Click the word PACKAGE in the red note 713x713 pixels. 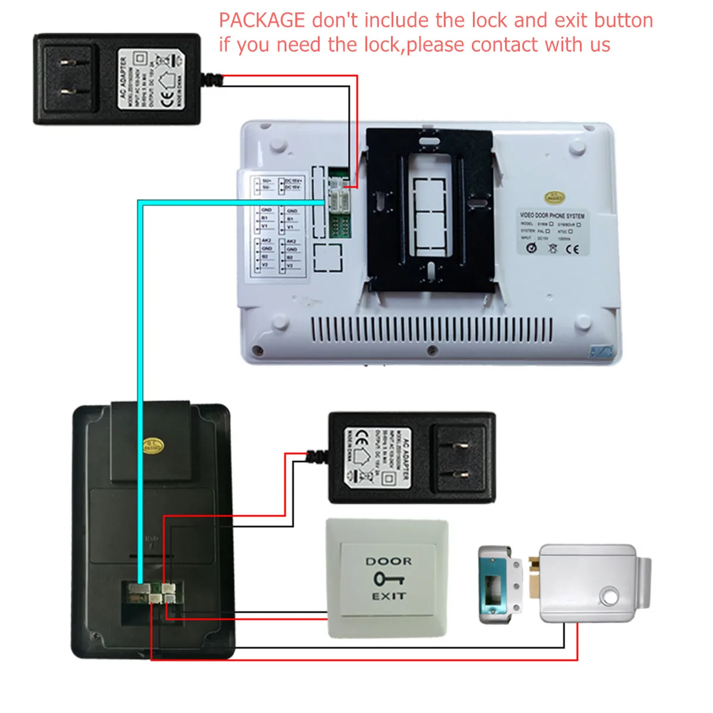pos(261,21)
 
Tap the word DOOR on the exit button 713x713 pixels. pos(389,561)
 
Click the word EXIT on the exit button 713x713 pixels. pos(389,596)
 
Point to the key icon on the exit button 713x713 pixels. pos(389,578)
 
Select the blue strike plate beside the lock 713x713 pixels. pos(494,585)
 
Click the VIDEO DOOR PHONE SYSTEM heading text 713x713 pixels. pos(552,215)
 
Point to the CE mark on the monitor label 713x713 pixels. pos(572,249)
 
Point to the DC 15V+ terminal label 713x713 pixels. pos(294,181)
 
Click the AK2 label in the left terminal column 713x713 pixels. pos(267,241)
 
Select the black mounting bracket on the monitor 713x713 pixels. pos(430,211)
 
